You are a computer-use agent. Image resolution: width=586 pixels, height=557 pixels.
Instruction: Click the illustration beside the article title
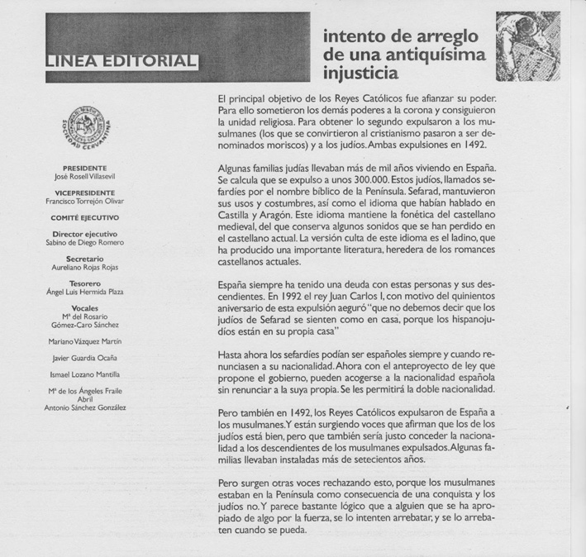coord(526,46)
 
